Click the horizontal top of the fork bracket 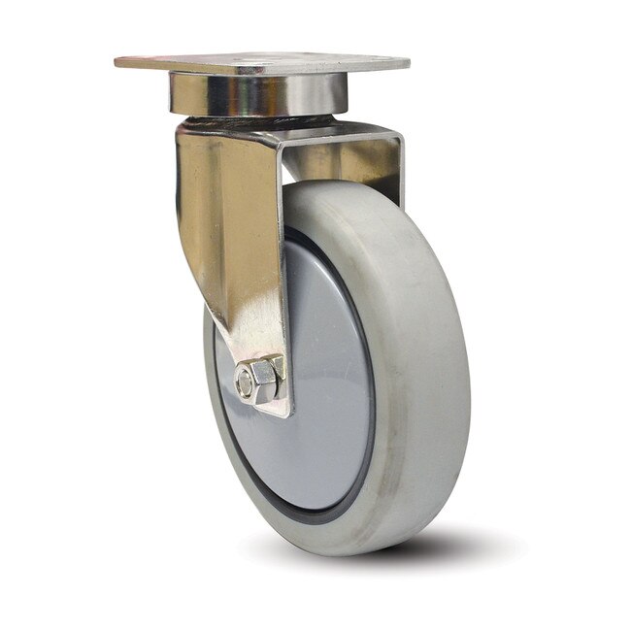click(330, 136)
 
